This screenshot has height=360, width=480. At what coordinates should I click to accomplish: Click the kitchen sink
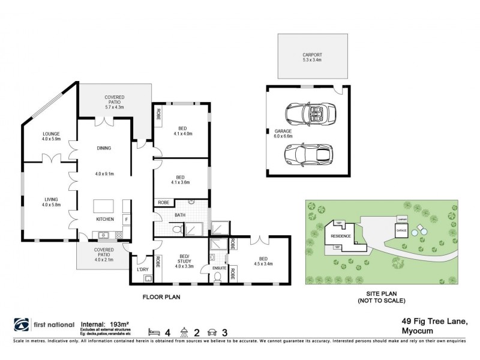(x=105, y=235)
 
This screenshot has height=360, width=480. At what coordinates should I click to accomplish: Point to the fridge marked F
(x=126, y=220)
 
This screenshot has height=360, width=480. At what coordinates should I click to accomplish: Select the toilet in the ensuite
(x=217, y=277)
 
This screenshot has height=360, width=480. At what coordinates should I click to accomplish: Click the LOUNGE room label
(x=51, y=133)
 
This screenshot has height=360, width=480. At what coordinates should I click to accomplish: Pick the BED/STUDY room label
(x=185, y=260)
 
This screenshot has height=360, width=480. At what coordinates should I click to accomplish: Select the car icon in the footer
(x=212, y=332)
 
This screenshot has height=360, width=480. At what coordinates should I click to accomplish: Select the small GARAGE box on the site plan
(x=401, y=230)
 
